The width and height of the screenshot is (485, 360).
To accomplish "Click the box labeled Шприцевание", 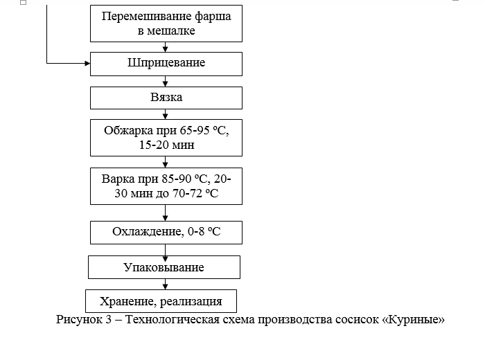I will click(x=166, y=64).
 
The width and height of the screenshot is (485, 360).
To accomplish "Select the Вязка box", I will click(x=166, y=98).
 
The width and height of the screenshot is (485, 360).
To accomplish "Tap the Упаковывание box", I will click(x=164, y=267).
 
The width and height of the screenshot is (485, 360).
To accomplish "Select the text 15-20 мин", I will click(x=166, y=145).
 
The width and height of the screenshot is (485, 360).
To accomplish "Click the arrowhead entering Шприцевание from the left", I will click(x=87, y=64).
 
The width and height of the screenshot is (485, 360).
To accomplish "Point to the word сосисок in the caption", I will click(x=357, y=320).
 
